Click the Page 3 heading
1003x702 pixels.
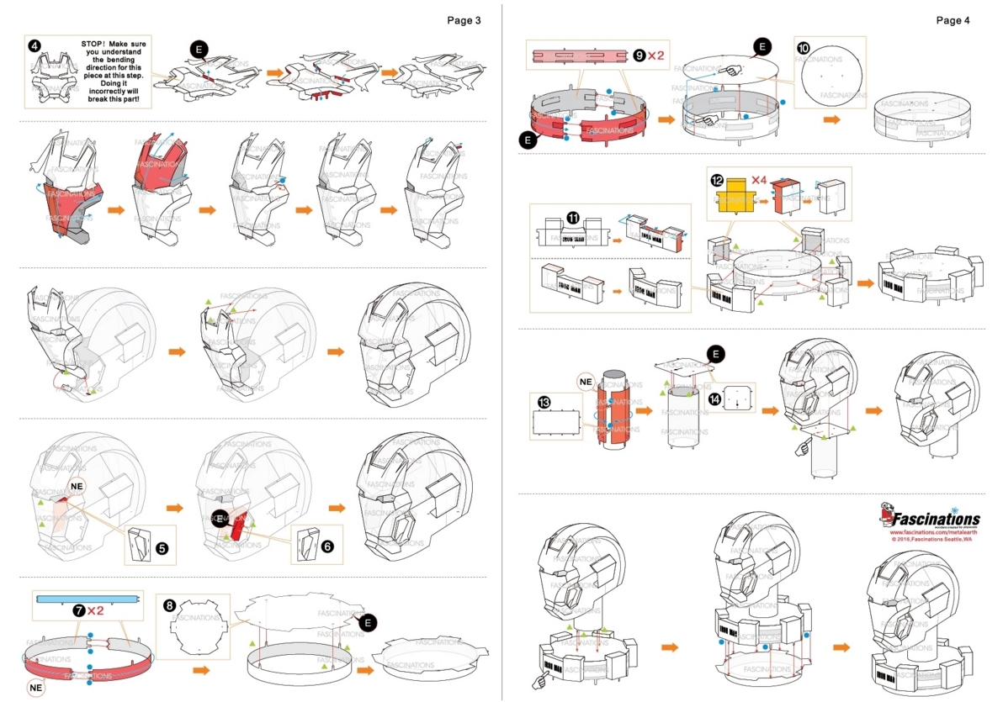pos(464,20)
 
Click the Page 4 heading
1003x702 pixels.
pos(953,20)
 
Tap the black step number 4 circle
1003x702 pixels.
pos(34,45)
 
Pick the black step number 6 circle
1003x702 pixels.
pos(327,546)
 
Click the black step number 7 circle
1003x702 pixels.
pos(78,609)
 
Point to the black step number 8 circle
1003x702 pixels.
pos(169,604)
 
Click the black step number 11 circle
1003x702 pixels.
pos(573,217)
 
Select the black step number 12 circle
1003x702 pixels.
pos(717,180)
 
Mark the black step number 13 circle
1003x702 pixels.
pos(544,404)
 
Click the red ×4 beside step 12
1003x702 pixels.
pos(759,180)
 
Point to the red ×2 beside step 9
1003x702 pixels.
pos(655,55)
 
